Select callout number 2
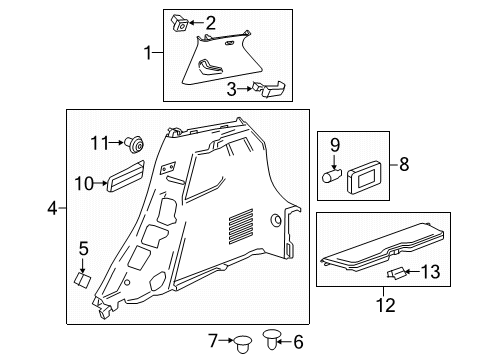pos(211,22)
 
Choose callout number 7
pos(212,342)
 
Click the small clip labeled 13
pos(398,272)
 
